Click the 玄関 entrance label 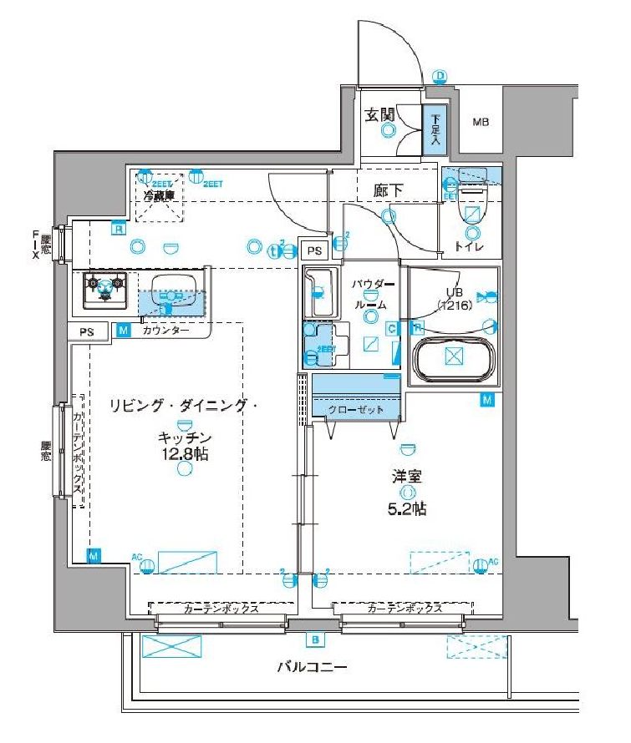pos(379,115)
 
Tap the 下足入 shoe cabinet pos(435,128)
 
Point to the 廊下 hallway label pos(389,191)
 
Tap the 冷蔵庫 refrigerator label pos(158,196)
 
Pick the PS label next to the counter pos(87,332)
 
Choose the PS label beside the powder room pos(313,251)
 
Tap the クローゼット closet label pos(356,410)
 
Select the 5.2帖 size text pos(410,508)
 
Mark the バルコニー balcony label pos(312,667)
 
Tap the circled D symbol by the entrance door pos(440,77)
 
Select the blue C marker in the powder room pos(391,328)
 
